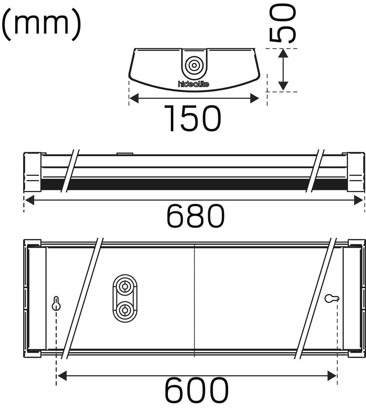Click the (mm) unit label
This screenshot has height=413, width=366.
click(x=41, y=24)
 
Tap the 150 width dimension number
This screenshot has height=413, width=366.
click(x=193, y=118)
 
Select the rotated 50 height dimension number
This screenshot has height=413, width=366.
click(x=283, y=24)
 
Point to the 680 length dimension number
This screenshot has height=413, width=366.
click(x=195, y=216)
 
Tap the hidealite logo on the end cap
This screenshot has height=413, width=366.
click(x=194, y=84)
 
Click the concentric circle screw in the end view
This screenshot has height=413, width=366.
click(x=194, y=65)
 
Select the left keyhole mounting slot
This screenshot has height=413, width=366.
click(x=56, y=304)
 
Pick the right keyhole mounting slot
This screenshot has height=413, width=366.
click(x=332, y=299)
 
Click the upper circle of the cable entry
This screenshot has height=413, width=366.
click(x=125, y=287)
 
